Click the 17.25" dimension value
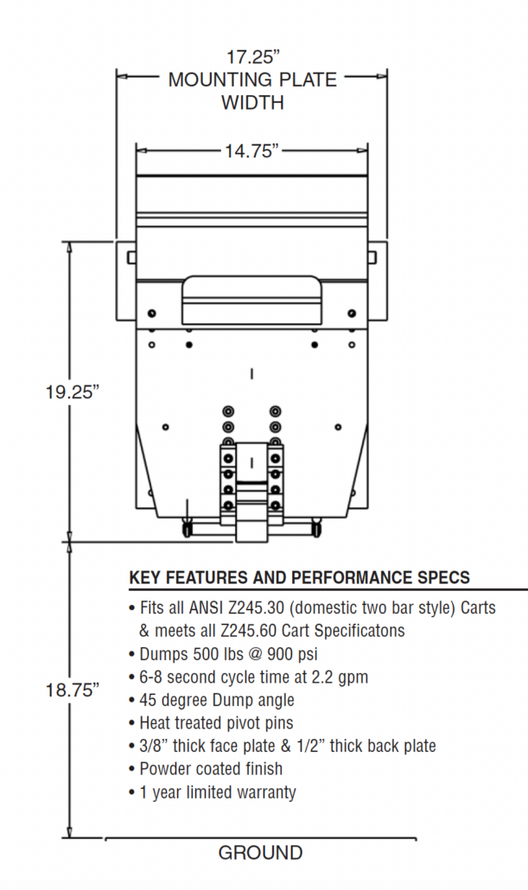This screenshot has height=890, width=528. click(253, 58)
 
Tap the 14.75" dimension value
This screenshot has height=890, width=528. click(252, 151)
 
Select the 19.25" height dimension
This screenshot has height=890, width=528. click(73, 391)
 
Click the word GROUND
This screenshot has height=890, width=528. click(260, 854)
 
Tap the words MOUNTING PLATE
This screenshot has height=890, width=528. click(252, 80)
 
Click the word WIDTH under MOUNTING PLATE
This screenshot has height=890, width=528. click(252, 103)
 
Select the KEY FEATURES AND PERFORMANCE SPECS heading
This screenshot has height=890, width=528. click(299, 578)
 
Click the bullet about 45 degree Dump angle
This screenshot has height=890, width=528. click(216, 700)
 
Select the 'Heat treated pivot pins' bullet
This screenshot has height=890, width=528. click(215, 722)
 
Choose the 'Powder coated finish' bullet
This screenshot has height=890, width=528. click(210, 768)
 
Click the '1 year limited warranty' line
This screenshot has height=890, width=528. click(217, 791)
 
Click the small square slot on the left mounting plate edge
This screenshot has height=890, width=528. click(130, 257)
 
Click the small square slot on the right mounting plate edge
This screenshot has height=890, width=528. click(373, 257)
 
